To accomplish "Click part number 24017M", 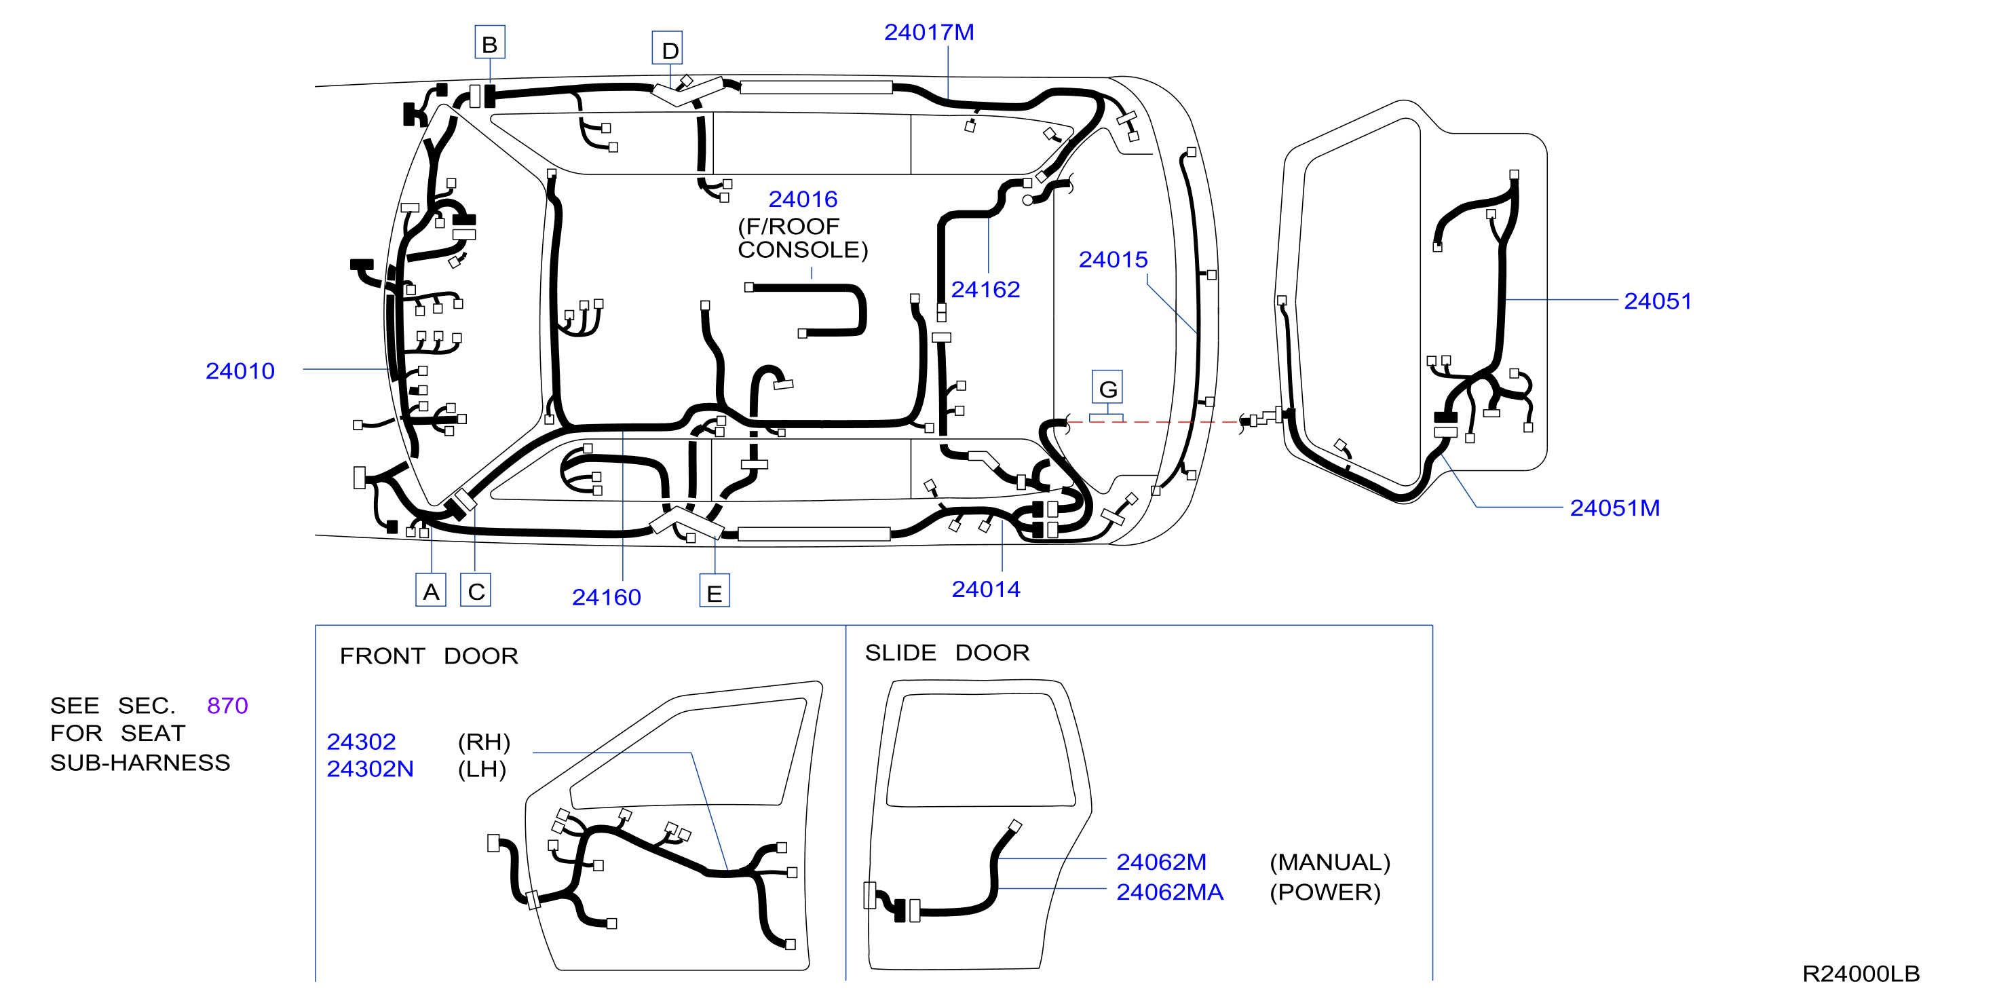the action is point(929,33).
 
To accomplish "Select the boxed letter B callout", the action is point(490,43).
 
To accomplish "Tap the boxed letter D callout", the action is point(668,49).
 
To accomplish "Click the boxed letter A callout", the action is point(431,591).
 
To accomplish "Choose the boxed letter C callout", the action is point(476,591).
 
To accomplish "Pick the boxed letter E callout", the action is point(715,592).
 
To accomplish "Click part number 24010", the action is point(240,370).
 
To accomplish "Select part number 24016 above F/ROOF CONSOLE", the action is point(803,199).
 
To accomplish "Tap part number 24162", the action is point(985,289).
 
